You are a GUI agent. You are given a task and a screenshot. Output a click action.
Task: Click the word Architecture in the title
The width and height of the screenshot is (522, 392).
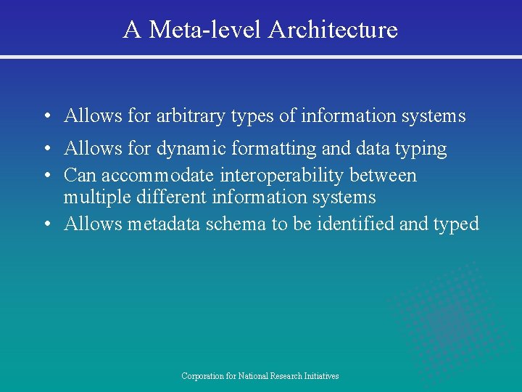[333, 30]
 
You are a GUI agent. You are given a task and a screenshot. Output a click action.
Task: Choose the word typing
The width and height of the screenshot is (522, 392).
[421, 150]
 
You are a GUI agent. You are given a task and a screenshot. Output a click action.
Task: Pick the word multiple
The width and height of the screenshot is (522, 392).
[95, 197]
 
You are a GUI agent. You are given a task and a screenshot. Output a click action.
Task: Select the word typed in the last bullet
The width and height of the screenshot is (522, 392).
[457, 224]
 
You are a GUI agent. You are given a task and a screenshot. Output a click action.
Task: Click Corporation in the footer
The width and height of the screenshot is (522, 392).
[203, 376]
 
